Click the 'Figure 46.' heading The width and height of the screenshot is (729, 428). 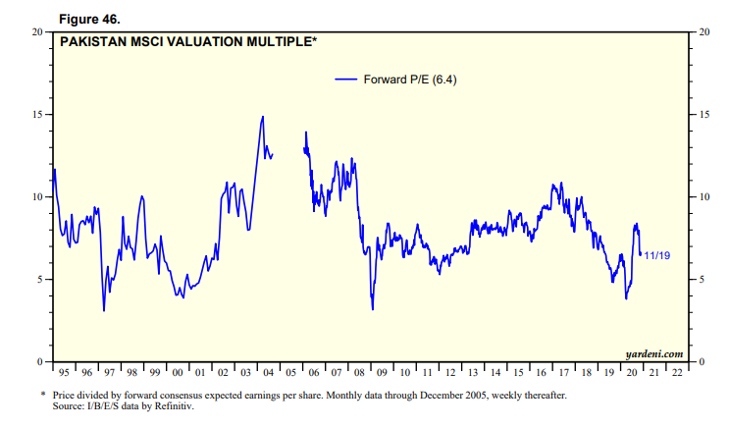click(93, 18)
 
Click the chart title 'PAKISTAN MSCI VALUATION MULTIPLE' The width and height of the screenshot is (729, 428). click(186, 41)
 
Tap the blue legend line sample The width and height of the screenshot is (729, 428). click(345, 80)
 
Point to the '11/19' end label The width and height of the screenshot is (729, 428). click(657, 256)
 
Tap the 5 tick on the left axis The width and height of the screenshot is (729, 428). click(39, 280)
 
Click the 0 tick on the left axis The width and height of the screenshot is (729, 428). click(39, 362)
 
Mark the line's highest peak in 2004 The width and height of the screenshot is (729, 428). click(262, 116)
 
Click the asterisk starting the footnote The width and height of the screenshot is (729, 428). click(43, 395)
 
